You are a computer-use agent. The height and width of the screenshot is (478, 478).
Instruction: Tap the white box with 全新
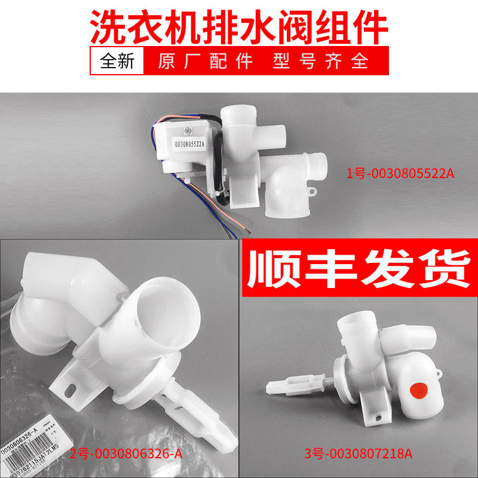[x=118, y=62]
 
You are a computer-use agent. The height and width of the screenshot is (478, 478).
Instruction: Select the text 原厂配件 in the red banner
[x=206, y=62]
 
